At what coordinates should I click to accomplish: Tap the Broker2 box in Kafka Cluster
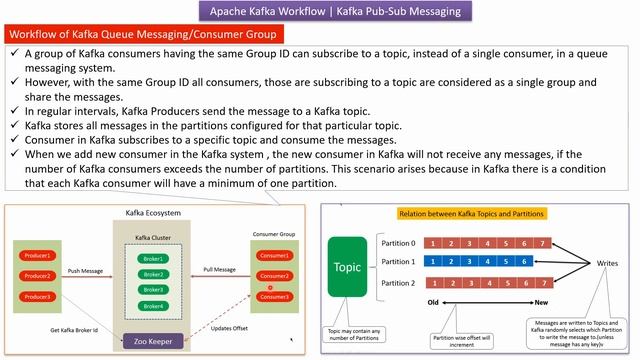[x=155, y=273]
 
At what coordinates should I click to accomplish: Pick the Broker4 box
[x=155, y=305]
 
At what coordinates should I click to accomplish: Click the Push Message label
[x=87, y=270]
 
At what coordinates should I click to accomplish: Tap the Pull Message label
[x=219, y=270]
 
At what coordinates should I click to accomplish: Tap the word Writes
[x=607, y=264]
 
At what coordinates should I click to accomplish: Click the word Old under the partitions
[x=434, y=302]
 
